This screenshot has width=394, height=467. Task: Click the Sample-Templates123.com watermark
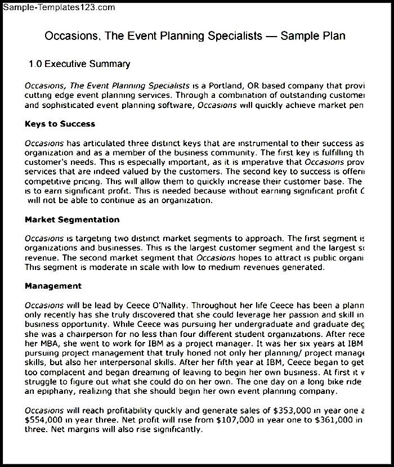click(x=58, y=7)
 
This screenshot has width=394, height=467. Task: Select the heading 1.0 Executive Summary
click(x=79, y=64)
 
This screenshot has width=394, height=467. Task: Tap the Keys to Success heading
click(x=60, y=124)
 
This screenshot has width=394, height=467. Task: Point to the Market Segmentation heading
click(x=72, y=219)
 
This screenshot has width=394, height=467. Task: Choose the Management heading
click(x=53, y=286)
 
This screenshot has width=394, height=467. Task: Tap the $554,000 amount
click(x=44, y=420)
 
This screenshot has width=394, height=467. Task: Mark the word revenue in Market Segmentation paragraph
click(x=42, y=257)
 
